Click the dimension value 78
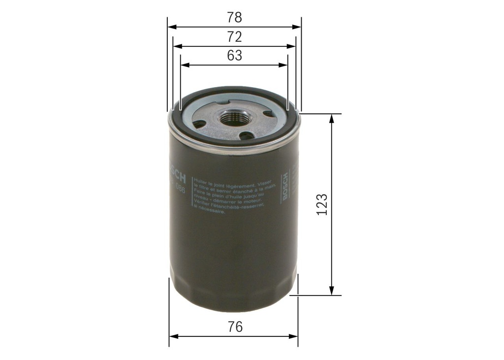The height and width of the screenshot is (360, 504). [x=234, y=18]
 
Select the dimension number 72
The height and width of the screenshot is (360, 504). [x=234, y=37]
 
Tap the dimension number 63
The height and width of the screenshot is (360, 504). [x=234, y=56]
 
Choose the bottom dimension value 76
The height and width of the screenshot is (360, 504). [x=235, y=327]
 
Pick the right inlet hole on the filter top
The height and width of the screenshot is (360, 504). [x=268, y=114]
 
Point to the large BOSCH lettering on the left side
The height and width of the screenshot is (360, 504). [x=179, y=169]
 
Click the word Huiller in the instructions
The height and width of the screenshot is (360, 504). [x=202, y=180]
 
